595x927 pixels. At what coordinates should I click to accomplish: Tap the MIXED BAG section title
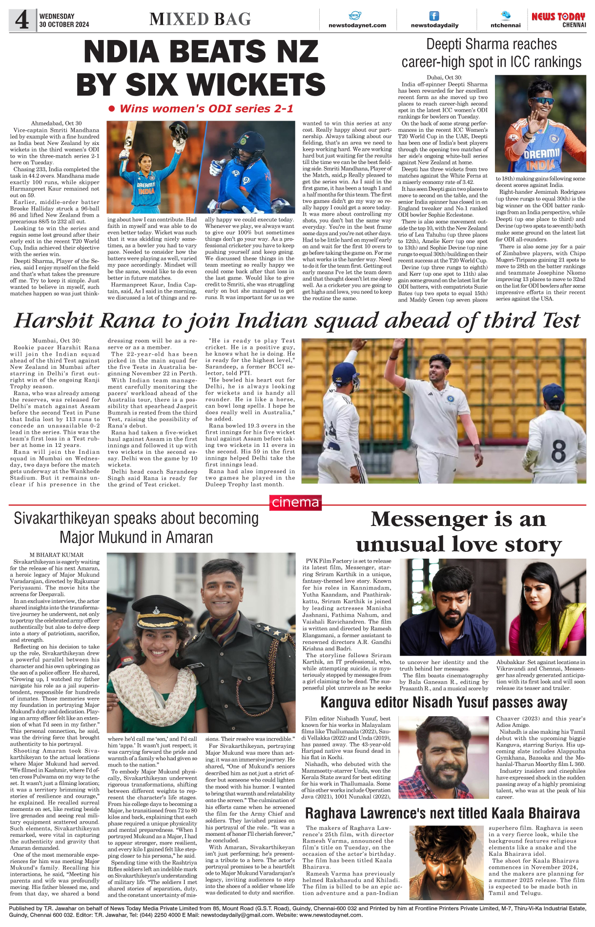pyautogui.click(x=200, y=19)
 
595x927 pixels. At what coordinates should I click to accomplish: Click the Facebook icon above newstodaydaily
pyautogui.click(x=434, y=16)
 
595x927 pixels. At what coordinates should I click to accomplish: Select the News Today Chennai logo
pyautogui.click(x=558, y=20)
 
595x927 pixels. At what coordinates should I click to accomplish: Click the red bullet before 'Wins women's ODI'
pyautogui.click(x=111, y=108)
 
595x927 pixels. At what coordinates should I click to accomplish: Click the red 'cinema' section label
pyautogui.click(x=295, y=503)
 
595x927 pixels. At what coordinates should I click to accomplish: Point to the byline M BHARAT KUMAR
pyautogui.click(x=56, y=555)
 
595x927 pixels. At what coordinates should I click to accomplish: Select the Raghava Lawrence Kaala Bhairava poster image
pyautogui.click(x=447, y=862)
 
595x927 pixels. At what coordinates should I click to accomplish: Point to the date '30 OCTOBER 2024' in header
pyautogui.click(x=64, y=24)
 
